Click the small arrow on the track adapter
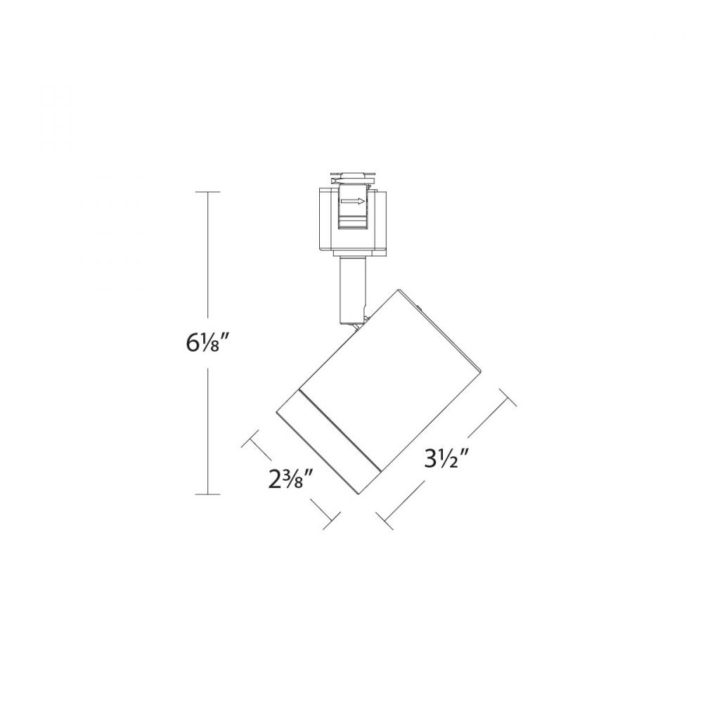353,202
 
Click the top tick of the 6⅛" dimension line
207,191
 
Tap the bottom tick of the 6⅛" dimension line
207,494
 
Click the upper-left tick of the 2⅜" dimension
251,441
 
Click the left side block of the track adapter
325,218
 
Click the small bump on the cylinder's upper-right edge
420,307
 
